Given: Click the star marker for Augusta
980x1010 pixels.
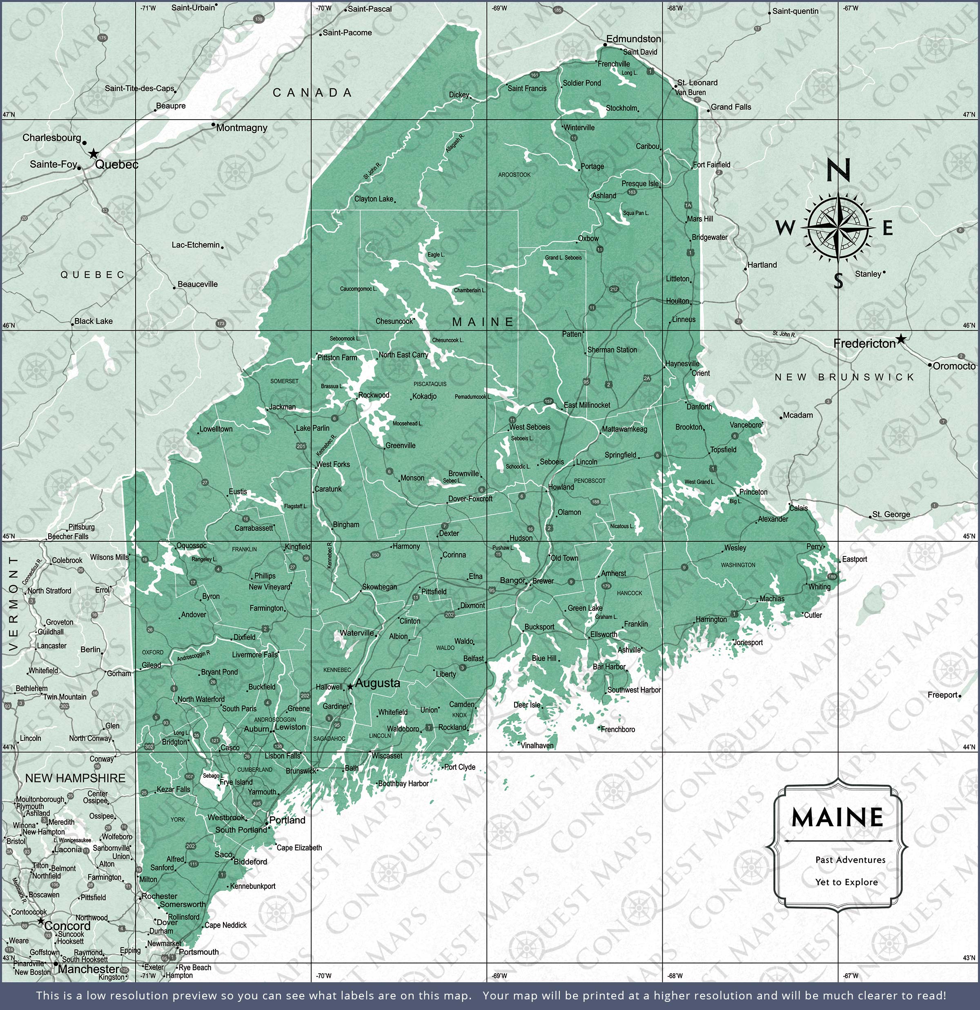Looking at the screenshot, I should click(350, 686).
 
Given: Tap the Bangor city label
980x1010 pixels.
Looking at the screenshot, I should click(512, 580).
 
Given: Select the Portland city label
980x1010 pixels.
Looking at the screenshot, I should click(287, 820).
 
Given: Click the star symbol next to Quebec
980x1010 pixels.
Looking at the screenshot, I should click(94, 154).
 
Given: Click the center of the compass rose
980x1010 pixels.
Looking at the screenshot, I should click(838, 227).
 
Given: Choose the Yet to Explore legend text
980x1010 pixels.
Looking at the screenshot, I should click(846, 882).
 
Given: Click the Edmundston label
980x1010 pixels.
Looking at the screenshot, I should click(633, 39).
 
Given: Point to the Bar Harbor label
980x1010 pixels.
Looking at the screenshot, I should click(609, 667).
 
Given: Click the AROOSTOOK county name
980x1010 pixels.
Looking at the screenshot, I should click(514, 175).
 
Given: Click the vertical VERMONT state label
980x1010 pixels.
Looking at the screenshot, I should click(14, 603).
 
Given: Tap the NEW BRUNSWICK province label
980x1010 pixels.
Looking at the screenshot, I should click(844, 377).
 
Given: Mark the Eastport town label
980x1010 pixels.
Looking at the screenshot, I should click(854, 559).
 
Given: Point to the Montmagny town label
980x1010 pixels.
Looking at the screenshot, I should click(241, 128).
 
